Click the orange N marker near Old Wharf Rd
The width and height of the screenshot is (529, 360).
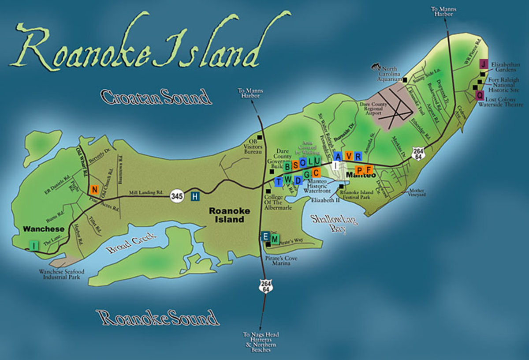(94, 190)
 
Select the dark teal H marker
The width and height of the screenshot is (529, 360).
(195, 197)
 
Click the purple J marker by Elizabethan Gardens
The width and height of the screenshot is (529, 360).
(484, 64)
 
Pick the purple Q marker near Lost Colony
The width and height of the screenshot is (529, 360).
(480, 95)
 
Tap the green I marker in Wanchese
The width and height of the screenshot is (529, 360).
(34, 244)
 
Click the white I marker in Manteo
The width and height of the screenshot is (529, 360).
(336, 165)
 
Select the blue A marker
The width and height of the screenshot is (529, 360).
(338, 156)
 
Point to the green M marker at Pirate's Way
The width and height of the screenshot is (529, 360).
(275, 239)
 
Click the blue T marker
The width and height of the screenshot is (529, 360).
(279, 181)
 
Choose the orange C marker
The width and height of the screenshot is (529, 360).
(316, 172)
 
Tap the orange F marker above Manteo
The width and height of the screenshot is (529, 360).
(369, 169)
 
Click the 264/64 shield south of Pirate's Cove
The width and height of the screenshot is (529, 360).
(265, 286)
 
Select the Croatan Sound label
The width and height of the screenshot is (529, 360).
(156, 97)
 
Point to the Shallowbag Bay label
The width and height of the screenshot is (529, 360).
(334, 223)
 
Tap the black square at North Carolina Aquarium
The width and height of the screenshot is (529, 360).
(405, 80)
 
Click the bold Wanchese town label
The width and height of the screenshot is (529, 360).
(44, 229)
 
